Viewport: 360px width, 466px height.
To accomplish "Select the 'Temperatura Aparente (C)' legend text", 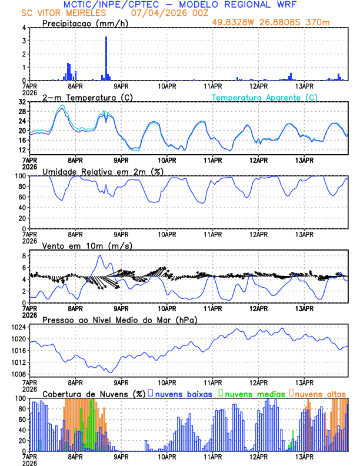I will [x=265, y=97].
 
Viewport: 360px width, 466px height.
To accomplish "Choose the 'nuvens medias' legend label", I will [x=251, y=393].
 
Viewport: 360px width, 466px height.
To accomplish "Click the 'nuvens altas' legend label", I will [x=321, y=393].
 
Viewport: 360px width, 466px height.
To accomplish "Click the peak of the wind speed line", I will [x=101, y=255].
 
